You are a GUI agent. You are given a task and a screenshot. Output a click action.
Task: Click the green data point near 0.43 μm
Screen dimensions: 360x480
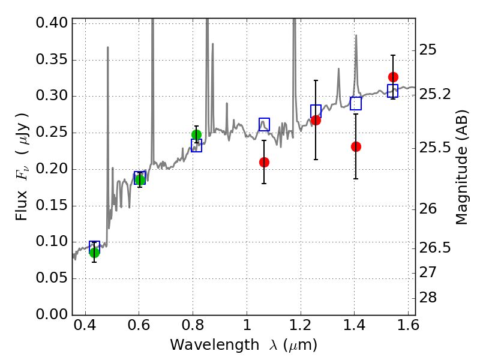tap(94, 252)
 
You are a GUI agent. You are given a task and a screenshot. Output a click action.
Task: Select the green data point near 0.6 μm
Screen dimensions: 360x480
tap(140, 179)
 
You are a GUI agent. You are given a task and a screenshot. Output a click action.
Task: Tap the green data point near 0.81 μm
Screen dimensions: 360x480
tap(196, 134)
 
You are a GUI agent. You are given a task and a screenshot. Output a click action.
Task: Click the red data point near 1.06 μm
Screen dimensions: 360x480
tap(264, 162)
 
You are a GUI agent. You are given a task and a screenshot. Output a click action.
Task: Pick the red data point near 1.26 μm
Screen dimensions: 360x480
tap(316, 120)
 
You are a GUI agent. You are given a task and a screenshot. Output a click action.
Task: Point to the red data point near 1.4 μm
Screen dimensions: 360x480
tap(356, 146)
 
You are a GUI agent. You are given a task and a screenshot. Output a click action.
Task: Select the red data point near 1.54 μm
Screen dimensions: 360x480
tap(393, 77)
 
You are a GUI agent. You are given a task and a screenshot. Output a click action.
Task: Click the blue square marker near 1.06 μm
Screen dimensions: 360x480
tap(264, 124)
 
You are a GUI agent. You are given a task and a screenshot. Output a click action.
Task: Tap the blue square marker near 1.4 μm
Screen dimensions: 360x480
tap(356, 103)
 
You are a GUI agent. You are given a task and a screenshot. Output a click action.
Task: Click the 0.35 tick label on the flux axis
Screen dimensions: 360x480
tap(52, 60)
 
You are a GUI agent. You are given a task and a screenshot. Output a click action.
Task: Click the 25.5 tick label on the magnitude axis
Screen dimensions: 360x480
tap(434, 148)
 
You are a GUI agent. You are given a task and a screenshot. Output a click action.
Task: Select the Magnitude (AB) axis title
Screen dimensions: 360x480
tap(461, 167)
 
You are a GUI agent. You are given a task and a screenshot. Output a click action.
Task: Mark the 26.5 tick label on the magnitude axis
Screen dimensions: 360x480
tap(434, 248)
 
